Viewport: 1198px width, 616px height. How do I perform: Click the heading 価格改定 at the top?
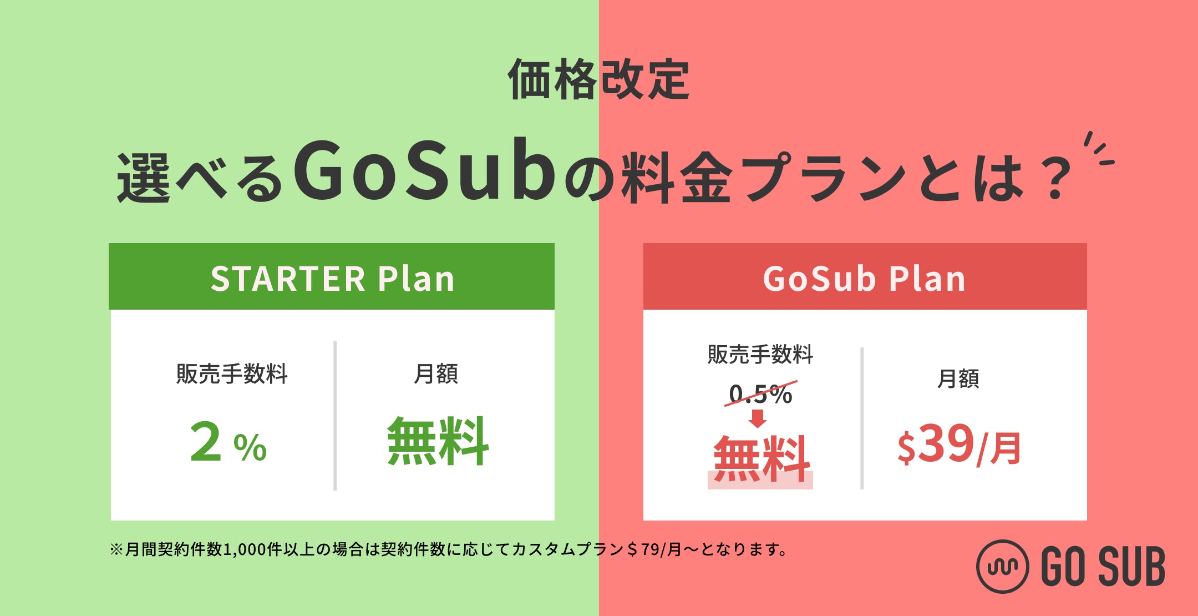click(x=598, y=79)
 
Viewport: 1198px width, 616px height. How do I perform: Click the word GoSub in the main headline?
click(x=424, y=170)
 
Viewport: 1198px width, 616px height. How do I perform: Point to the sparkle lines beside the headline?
click(x=1098, y=149)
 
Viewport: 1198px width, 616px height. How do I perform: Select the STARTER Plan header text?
click(x=332, y=278)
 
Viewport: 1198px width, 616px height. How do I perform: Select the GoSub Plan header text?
click(x=864, y=278)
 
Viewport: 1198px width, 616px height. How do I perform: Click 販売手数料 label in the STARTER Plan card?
click(x=232, y=373)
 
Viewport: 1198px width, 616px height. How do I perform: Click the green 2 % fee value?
click(x=228, y=442)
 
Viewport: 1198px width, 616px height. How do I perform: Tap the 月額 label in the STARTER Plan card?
click(x=436, y=373)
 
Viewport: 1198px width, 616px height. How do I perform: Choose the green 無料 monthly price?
click(x=438, y=442)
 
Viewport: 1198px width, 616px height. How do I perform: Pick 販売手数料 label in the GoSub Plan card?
click(x=760, y=354)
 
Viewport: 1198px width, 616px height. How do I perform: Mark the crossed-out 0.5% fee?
click(x=760, y=393)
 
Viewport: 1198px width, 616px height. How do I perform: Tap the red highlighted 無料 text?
click(x=761, y=460)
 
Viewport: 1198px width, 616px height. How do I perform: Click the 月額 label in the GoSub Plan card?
click(x=958, y=378)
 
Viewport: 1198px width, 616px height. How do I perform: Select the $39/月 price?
click(x=959, y=445)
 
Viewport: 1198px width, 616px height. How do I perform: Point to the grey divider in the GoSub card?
click(x=862, y=418)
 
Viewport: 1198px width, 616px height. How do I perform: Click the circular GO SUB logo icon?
click(x=1002, y=567)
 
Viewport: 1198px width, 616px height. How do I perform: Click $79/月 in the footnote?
click(x=654, y=549)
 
